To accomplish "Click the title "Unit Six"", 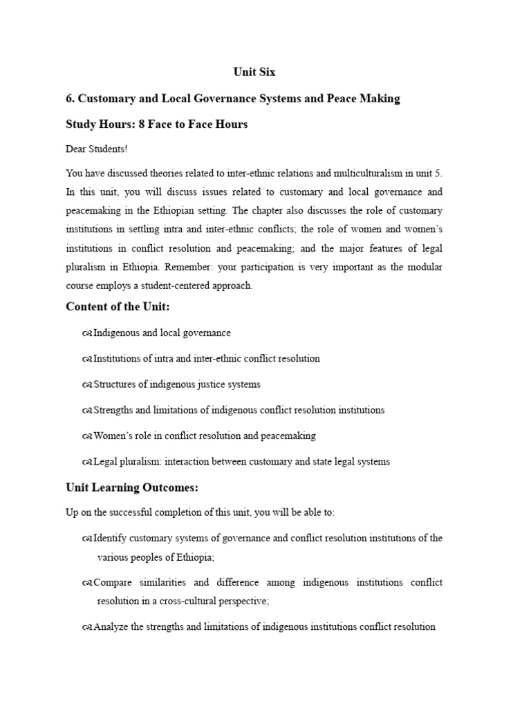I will click(x=253, y=72).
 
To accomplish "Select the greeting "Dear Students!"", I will click(x=97, y=149).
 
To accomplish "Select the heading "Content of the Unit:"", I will click(x=117, y=307).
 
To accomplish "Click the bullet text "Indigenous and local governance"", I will click(x=162, y=333).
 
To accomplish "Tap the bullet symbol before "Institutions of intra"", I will click(x=86, y=359).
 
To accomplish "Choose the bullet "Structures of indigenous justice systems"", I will click(x=176, y=384).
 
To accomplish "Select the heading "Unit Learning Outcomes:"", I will click(x=131, y=487).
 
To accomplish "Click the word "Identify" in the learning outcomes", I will click(x=109, y=538).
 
